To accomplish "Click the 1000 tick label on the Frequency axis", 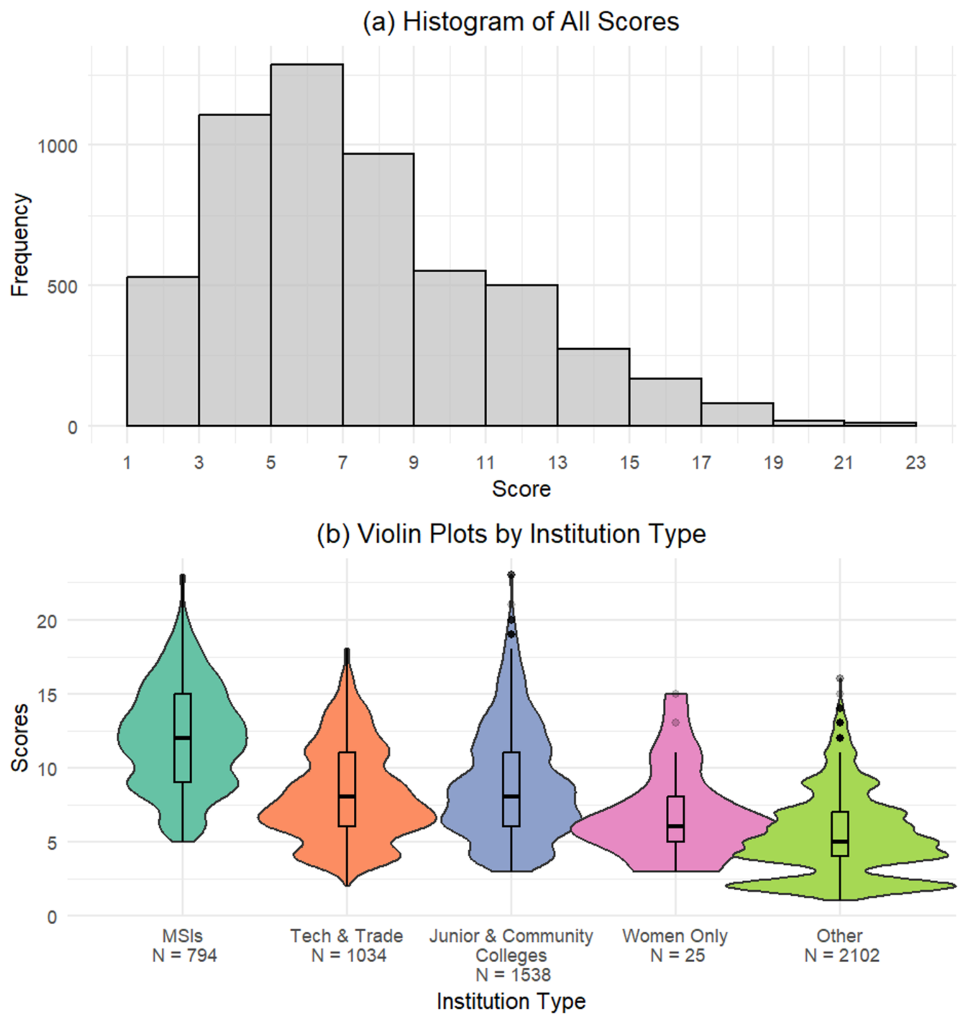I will pos(57,146).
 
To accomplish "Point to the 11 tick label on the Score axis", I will pos(485,463).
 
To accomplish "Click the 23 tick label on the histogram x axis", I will pos(916,463).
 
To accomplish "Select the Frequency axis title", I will pos(20,245).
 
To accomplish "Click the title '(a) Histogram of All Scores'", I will pos(521,22).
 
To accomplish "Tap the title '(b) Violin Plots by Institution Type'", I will pos(511,534).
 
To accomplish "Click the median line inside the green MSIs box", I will pos(183,737).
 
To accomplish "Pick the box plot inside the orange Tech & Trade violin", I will pos(347,789).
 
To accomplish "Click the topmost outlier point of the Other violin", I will pos(840,678).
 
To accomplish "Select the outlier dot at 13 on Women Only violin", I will pos(675,723).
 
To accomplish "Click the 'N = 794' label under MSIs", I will pos(184,955).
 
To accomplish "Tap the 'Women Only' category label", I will pos(675,936).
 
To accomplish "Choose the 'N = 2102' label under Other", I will pos(842,955).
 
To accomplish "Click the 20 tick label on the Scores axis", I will pos(47,622).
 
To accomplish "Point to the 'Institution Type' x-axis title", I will pos(511,1001).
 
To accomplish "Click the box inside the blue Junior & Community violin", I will pos(511,789).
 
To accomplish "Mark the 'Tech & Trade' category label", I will pos(347,936).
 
